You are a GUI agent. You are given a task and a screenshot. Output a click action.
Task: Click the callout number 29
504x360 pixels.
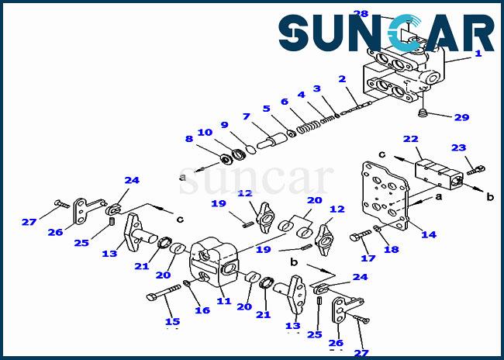(461, 117)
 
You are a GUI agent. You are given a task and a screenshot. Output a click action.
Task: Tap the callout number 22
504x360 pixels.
(411, 139)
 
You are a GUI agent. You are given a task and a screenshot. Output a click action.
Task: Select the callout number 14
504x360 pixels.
(429, 234)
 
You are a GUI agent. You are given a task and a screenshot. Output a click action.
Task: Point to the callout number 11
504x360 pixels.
(224, 301)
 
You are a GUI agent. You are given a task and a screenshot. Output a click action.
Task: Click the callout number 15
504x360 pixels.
(173, 321)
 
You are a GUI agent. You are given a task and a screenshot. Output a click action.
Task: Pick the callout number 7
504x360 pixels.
(247, 116)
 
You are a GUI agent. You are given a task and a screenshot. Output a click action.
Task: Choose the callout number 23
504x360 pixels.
(459, 147)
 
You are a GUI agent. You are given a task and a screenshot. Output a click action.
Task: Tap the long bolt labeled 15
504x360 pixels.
(164, 291)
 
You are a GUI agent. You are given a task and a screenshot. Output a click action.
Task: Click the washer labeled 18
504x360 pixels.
(377, 229)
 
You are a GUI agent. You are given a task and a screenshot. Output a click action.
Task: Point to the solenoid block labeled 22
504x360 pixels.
(439, 175)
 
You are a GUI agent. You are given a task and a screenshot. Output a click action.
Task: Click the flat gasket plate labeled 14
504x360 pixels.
(385, 197)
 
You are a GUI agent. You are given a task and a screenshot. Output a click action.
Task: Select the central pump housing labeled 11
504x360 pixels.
(215, 262)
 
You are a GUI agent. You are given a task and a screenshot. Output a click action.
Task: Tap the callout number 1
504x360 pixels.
(478, 53)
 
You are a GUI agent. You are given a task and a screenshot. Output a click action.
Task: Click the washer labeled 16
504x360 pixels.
(187, 283)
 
